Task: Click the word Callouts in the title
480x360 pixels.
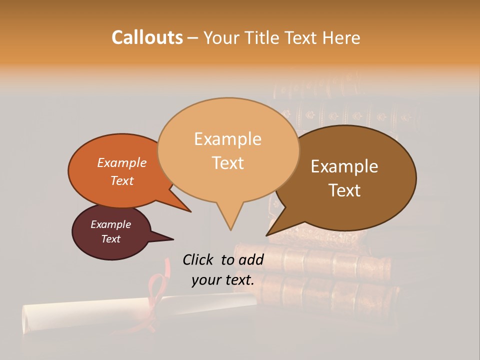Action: pos(147,37)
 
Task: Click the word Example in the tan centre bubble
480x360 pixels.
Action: pos(227,139)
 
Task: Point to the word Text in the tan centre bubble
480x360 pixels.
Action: pos(228,163)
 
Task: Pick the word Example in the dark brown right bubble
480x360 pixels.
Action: pos(344,166)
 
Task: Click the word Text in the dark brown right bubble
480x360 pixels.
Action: pos(345,190)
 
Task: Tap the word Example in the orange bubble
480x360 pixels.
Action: pos(121,163)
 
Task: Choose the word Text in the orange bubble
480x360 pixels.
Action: pos(122,180)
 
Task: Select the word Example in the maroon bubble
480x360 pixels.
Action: pos(110,224)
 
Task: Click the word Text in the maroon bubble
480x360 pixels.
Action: pos(111,239)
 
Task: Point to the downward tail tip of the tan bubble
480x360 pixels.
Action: pos(230,228)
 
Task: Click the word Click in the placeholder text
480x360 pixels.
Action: pos(197,259)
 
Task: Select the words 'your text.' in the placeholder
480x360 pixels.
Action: pos(223,280)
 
